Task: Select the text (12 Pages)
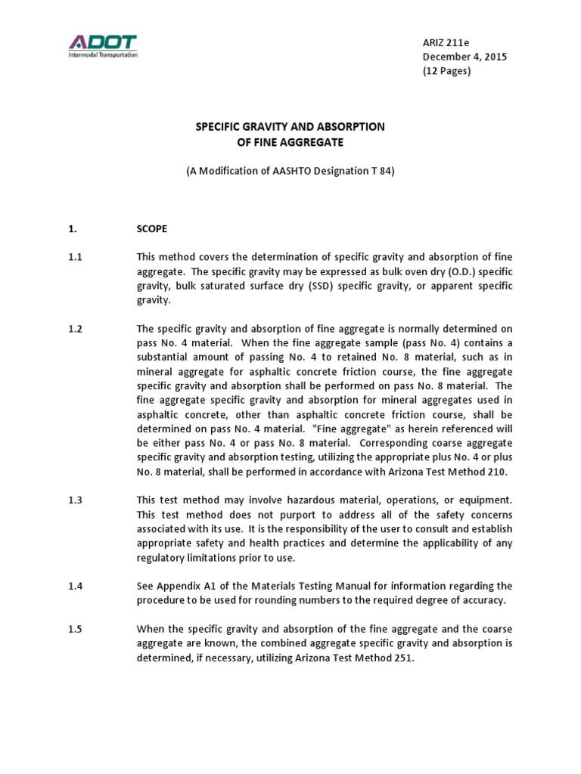click(x=446, y=71)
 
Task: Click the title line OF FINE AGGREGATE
click(x=290, y=141)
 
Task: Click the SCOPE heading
click(x=151, y=228)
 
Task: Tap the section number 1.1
click(x=74, y=257)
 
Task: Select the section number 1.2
click(x=74, y=329)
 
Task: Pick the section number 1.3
click(x=74, y=500)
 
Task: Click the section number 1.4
click(x=74, y=586)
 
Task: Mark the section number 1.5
click(x=74, y=629)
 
